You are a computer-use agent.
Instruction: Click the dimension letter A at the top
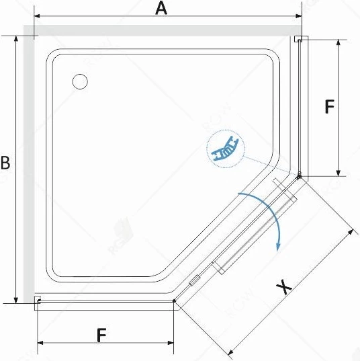(x=161, y=9)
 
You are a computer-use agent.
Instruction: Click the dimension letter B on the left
(x=5, y=163)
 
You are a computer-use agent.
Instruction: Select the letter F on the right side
(x=329, y=106)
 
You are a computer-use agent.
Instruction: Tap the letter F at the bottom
(x=101, y=335)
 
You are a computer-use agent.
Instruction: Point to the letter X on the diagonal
(x=284, y=286)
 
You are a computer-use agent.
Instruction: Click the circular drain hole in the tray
(x=80, y=81)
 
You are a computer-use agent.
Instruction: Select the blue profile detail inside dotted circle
(x=226, y=149)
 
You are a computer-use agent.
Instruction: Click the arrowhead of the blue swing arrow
(x=278, y=247)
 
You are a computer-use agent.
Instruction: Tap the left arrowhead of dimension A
(x=37, y=16)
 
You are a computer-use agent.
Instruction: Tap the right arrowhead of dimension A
(x=299, y=16)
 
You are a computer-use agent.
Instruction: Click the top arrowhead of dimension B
(x=16, y=39)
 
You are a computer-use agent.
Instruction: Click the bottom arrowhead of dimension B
(x=16, y=300)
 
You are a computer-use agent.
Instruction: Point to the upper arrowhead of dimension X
(x=351, y=233)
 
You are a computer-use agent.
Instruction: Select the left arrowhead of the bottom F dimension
(x=40, y=343)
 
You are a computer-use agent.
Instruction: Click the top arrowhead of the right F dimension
(x=338, y=43)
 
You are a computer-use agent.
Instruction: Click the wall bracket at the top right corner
(x=298, y=39)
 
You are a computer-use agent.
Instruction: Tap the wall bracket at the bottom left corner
(x=38, y=300)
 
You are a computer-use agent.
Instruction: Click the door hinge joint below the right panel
(x=299, y=176)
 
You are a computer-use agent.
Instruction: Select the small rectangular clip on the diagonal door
(x=195, y=280)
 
